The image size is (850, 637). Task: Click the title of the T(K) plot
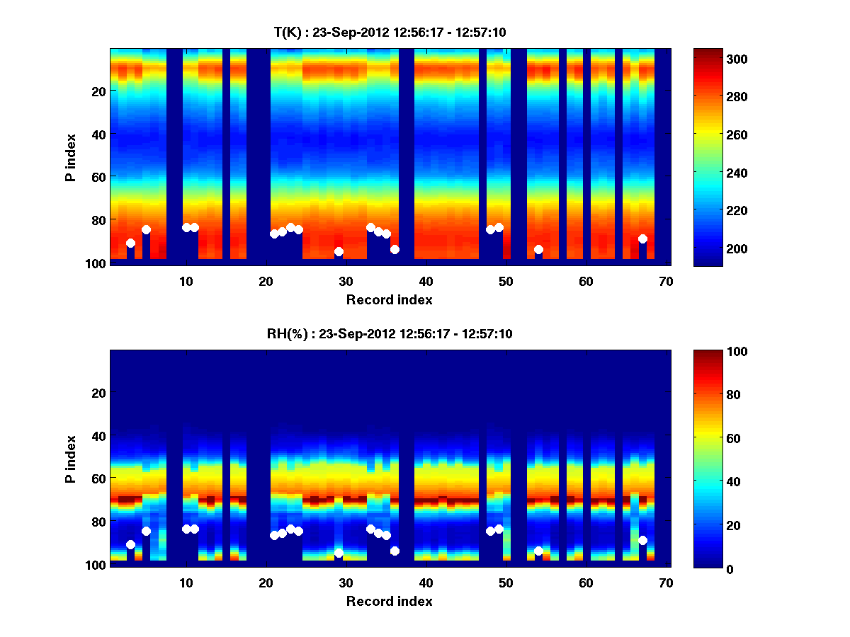point(390,32)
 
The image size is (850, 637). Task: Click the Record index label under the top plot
point(389,299)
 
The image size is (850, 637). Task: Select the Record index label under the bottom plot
point(389,601)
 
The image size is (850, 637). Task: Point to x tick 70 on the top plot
point(666,281)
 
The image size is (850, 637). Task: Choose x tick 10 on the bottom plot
point(186,583)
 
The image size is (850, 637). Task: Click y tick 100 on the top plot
point(97,263)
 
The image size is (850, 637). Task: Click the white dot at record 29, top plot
point(339,252)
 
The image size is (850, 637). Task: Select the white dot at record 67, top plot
point(642,239)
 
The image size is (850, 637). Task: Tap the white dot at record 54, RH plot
point(538,551)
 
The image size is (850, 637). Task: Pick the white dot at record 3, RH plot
point(130,544)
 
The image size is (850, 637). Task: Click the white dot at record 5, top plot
point(146,229)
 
